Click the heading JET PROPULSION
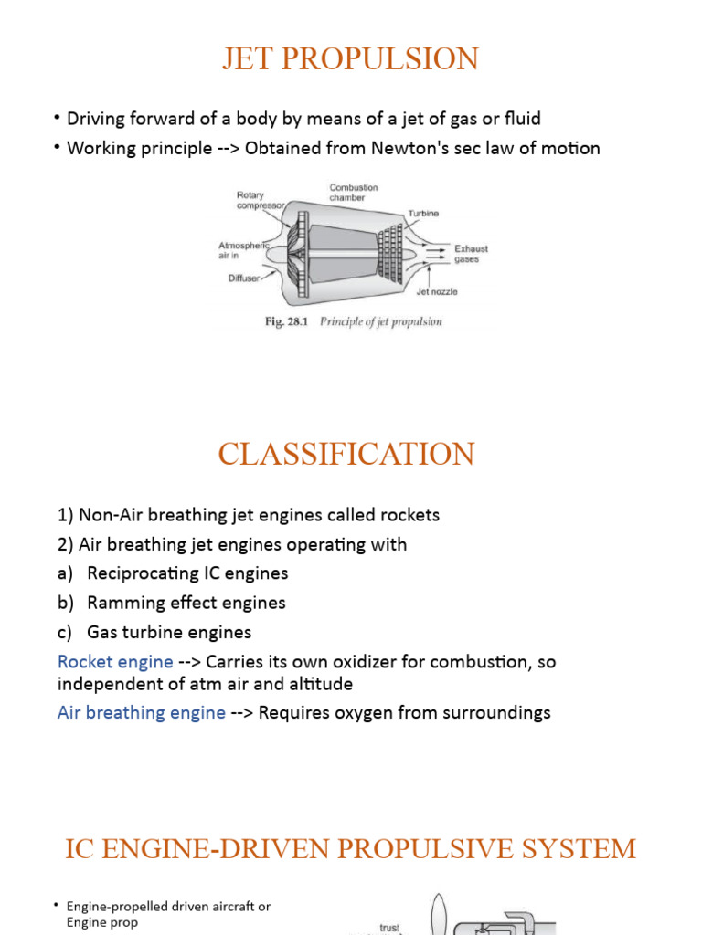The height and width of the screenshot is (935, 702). point(350,59)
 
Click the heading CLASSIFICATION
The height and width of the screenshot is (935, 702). point(346,454)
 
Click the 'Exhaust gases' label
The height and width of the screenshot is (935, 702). point(472,253)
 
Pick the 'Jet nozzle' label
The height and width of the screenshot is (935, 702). point(437,292)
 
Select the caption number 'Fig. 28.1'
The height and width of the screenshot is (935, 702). point(288,321)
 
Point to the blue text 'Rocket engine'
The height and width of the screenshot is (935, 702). point(115,661)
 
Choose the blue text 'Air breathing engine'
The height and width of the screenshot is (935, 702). point(142,712)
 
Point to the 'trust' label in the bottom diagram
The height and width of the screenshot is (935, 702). point(389,928)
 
